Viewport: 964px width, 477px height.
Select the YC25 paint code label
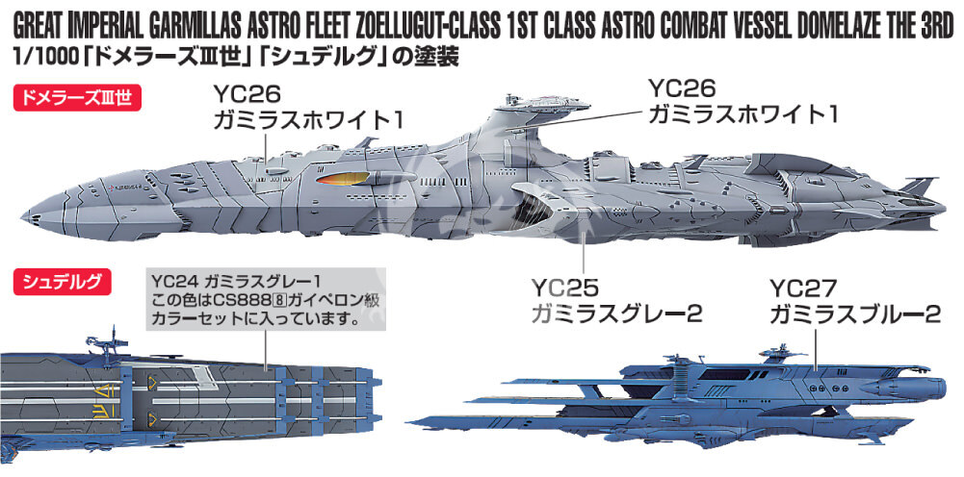(x=565, y=288)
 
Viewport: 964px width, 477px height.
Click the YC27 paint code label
(x=803, y=288)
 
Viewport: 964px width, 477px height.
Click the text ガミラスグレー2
(x=616, y=315)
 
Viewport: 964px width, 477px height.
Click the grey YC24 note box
(x=266, y=298)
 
